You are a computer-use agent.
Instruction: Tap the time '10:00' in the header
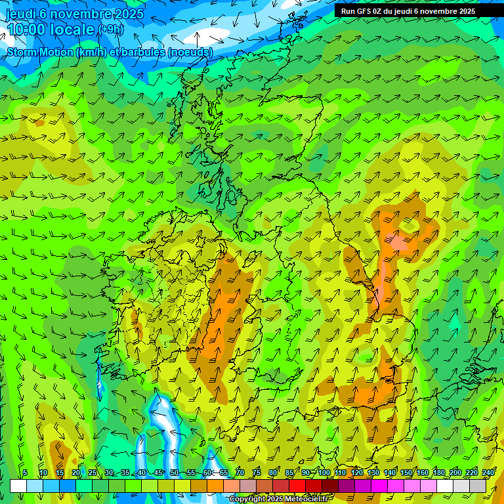pos(28,30)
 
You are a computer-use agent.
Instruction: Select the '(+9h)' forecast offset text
pos(110,30)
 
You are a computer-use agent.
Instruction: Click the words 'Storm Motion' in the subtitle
pos(41,52)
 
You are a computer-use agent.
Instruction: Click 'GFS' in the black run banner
pos(366,11)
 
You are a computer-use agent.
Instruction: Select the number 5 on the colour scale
pos(25,472)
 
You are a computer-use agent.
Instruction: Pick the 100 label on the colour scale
pos(324,472)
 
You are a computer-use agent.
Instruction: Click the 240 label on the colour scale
pos(488,472)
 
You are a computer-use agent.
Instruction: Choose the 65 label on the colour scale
pos(224,472)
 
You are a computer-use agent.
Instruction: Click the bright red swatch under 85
pos(297,486)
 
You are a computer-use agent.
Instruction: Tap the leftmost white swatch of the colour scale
pos(18,486)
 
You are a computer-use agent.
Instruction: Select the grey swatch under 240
pos(478,486)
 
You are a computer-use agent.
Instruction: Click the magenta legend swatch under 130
pos(379,486)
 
